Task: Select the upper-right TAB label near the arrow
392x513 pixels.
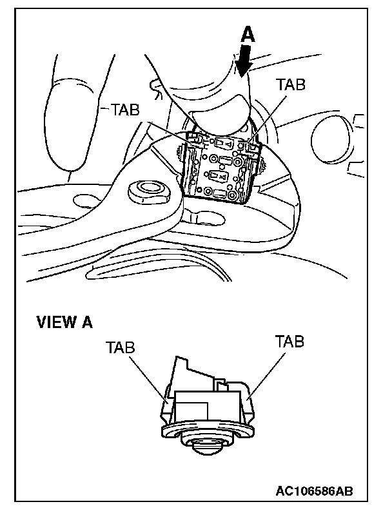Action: click(x=290, y=84)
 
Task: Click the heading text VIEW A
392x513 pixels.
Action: click(x=64, y=322)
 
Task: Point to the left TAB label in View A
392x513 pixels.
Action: click(x=121, y=347)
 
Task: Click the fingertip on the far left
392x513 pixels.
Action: click(x=64, y=122)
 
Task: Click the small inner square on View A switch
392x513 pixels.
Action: click(x=192, y=410)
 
